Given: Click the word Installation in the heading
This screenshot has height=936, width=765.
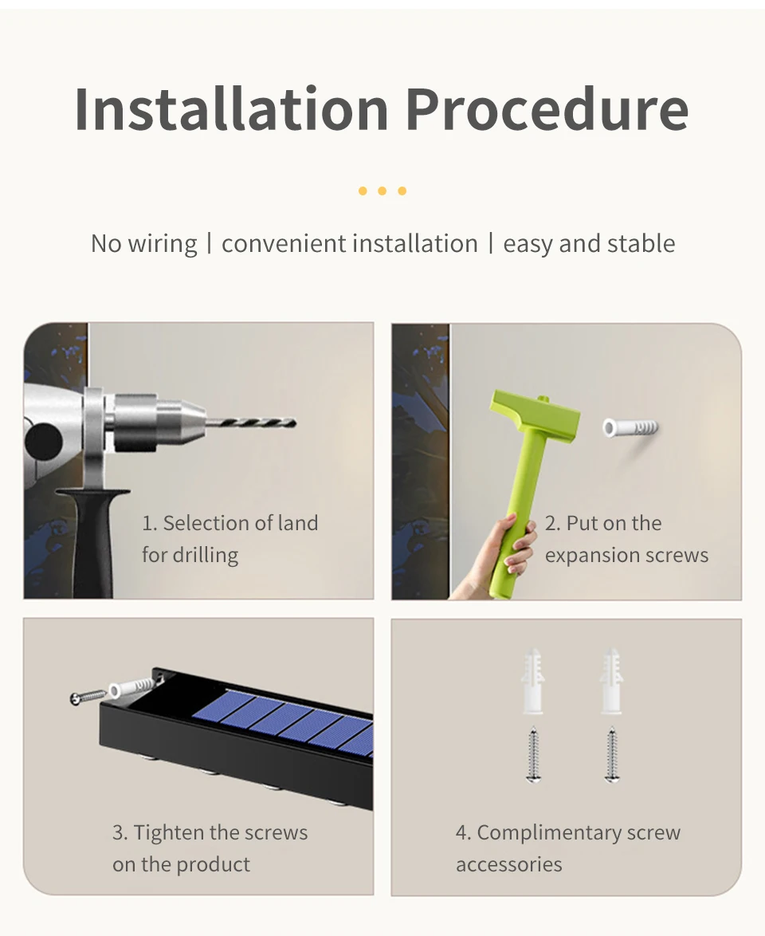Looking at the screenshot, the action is (x=232, y=108).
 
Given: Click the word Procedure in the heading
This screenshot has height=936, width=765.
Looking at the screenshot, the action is (x=547, y=108).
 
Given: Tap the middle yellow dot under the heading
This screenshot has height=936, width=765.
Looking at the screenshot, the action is (x=382, y=191).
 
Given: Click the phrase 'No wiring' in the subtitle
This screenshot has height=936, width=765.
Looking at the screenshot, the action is (x=143, y=244).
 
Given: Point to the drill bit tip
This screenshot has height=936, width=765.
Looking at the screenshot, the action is (x=295, y=423).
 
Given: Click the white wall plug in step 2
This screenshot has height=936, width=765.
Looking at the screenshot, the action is (x=630, y=428).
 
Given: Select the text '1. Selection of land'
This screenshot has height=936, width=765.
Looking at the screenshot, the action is (x=229, y=523).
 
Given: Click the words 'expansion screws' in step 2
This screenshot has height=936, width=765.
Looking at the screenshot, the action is (x=626, y=555).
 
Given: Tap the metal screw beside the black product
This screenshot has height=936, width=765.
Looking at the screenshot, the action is (x=88, y=696).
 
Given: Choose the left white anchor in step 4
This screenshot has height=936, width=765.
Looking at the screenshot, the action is (x=533, y=681).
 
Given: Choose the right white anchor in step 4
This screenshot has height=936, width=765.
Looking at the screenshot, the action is (x=612, y=681).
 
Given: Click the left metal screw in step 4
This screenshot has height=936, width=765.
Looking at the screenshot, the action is (x=533, y=754).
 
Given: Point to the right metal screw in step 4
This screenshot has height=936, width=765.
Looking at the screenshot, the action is (x=612, y=754).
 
